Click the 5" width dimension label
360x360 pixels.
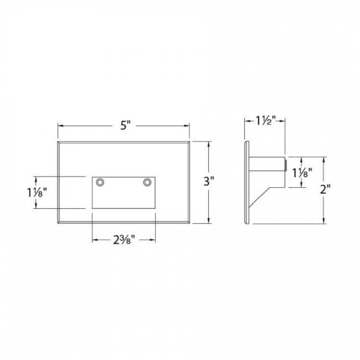(125, 126)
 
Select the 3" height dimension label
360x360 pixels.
(209, 181)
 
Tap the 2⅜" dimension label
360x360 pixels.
(124, 240)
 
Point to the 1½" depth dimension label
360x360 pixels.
(265, 121)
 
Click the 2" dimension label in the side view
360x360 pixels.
(325, 190)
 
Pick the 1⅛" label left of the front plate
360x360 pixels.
(37, 192)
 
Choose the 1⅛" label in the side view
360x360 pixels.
(302, 173)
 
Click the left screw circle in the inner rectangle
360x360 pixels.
(100, 182)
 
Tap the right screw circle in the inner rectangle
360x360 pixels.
(147, 182)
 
